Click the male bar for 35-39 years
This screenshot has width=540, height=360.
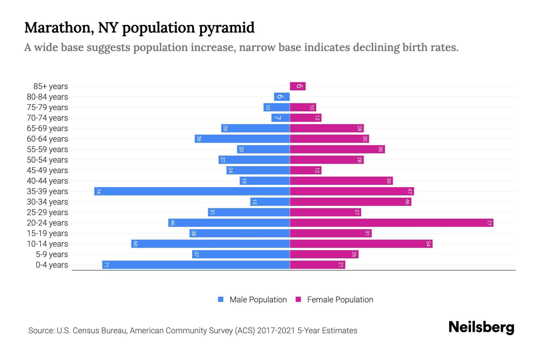pos(192,191)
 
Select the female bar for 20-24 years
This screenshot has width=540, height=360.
pos(391,223)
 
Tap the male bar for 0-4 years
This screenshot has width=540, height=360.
pos(196,265)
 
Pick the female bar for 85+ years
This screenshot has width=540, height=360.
pos(298,86)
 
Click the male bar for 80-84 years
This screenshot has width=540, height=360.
pos(282,97)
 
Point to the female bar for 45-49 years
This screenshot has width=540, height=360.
pos(305,170)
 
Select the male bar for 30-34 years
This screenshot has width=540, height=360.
pos(270,202)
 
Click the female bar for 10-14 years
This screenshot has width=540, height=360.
pos(361,244)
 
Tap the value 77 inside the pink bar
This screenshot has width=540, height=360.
pos(489,223)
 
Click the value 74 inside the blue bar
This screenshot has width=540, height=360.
pos(98,191)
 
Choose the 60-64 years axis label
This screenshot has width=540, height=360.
pos(47,139)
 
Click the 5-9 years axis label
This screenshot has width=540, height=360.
pos(52,254)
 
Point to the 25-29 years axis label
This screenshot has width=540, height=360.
pos(47,212)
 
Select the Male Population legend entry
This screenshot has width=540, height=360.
pos(258,299)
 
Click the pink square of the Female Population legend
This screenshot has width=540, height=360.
pos(298,299)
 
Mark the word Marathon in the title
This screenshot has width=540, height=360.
pos(59,28)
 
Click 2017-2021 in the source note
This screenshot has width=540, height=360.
pos(276,331)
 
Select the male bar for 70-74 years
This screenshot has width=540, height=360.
pos(280,118)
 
